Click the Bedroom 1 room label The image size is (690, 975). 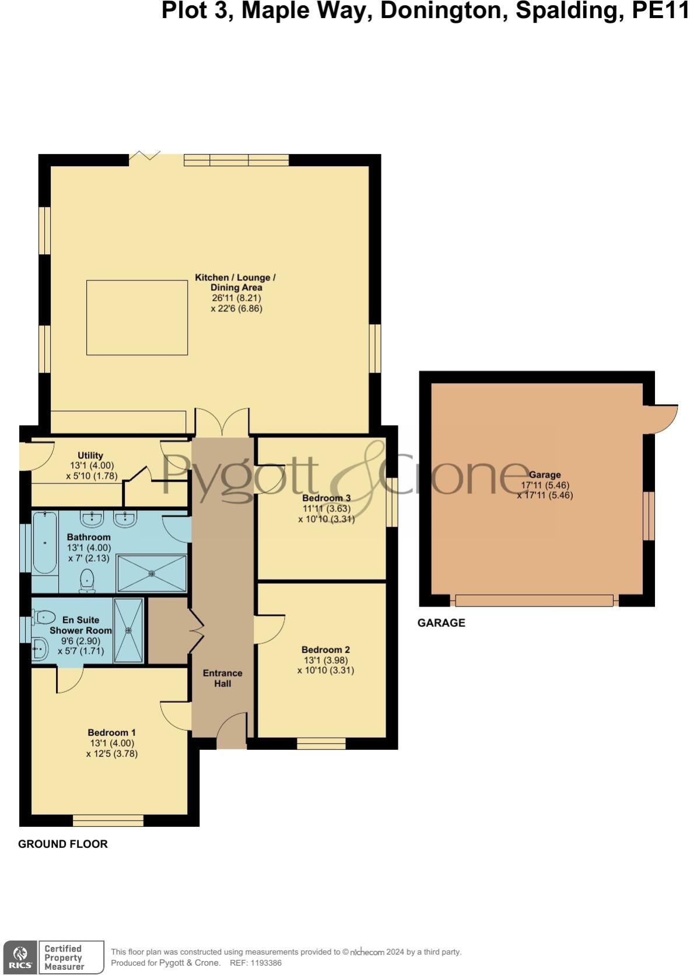(x=111, y=733)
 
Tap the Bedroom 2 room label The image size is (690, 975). (x=325, y=650)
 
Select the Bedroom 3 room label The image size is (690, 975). (x=326, y=498)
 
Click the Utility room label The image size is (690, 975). (x=90, y=455)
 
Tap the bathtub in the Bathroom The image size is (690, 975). (x=44, y=543)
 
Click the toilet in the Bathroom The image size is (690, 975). (x=87, y=580)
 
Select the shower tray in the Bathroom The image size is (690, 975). (x=152, y=574)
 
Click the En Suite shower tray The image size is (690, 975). (x=128, y=630)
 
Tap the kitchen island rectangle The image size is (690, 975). (x=137, y=317)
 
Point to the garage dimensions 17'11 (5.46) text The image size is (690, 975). (x=545, y=485)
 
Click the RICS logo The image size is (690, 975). (x=20, y=957)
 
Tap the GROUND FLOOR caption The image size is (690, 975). (x=63, y=844)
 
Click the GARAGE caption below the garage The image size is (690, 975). (x=442, y=623)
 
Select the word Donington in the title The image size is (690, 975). (x=443, y=11)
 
